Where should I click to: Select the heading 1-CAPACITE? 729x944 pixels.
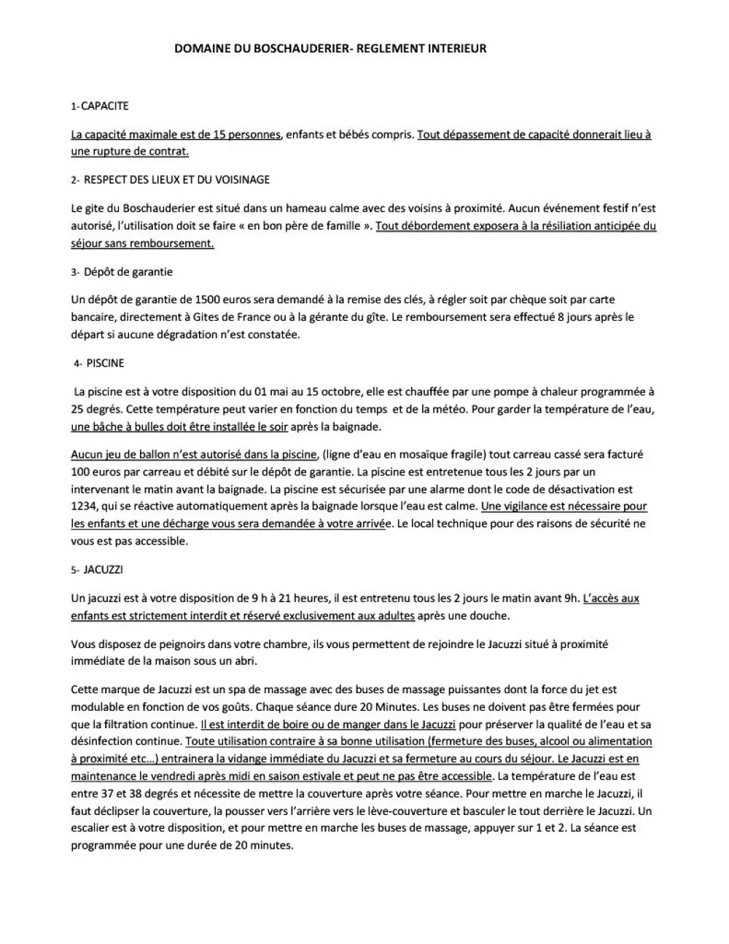click(x=100, y=106)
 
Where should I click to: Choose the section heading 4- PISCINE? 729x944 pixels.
click(x=99, y=363)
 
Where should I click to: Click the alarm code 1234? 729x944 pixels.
click(x=85, y=506)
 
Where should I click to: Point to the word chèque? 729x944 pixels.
click(x=542, y=300)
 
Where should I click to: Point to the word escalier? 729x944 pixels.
click(x=93, y=828)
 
